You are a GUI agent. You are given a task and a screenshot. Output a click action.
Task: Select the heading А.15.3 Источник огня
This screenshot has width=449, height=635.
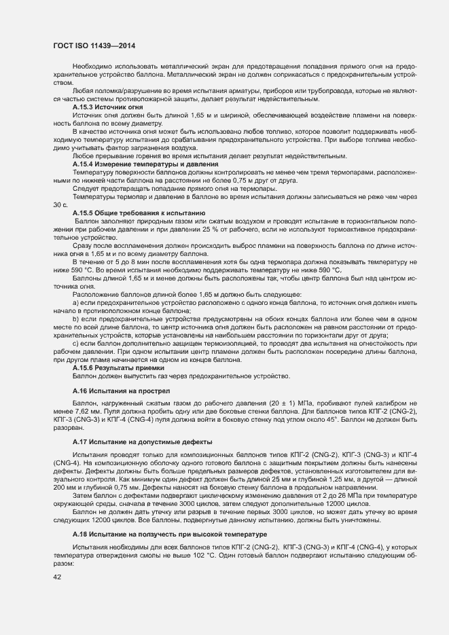[107, 107]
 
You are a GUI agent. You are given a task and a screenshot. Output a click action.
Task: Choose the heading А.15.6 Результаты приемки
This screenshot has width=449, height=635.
[116, 367]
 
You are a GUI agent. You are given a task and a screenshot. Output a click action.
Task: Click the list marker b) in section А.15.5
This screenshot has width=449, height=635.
[75, 319]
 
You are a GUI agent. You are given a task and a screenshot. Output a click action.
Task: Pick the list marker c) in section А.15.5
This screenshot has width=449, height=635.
[75, 343]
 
